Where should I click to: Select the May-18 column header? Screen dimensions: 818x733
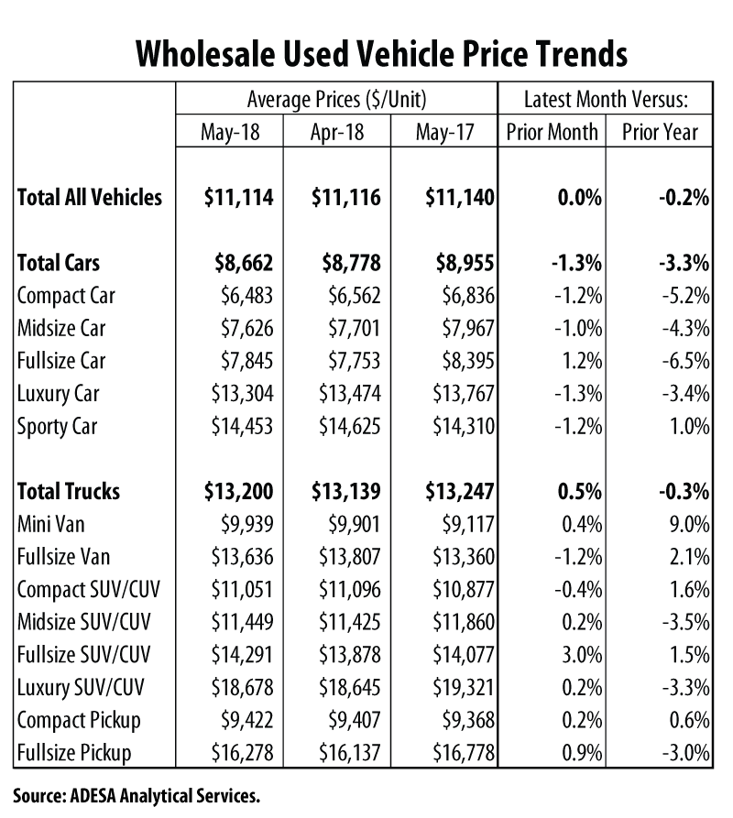click(230, 132)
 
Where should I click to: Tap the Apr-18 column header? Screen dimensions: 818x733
click(337, 132)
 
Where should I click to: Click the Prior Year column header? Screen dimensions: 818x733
click(660, 132)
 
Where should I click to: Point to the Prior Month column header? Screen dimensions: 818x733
click(552, 132)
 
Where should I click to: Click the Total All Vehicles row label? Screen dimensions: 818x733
click(90, 197)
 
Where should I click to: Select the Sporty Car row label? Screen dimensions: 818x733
click(57, 426)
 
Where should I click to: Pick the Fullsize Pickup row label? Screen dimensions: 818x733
click(74, 753)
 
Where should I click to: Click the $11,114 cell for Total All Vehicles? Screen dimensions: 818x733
click(237, 197)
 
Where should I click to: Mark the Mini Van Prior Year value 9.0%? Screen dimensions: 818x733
click(687, 524)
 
